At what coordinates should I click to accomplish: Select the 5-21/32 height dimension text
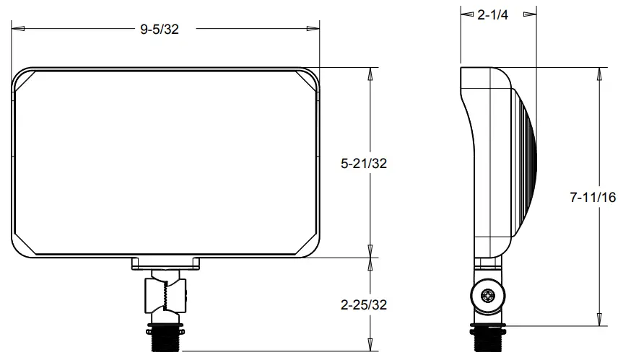tap(364, 164)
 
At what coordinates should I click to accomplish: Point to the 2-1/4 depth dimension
tap(493, 16)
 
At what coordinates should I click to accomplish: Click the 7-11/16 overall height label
tap(593, 197)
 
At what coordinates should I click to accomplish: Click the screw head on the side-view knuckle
tap(489, 295)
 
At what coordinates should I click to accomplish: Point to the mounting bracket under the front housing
tap(166, 265)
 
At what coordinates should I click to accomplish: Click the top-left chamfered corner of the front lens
tap(24, 81)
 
